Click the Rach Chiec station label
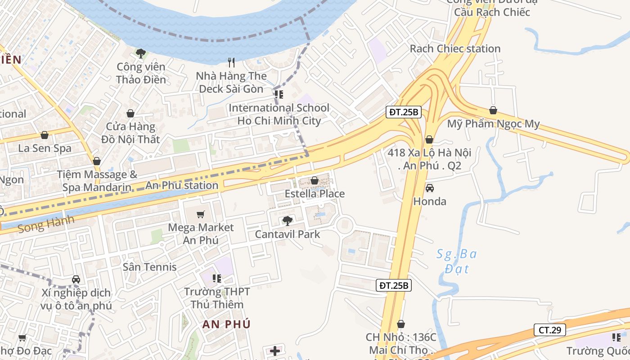click(x=455, y=49)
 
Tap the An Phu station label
click(x=181, y=185)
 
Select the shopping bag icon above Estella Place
click(x=315, y=180)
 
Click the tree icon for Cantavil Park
click(x=287, y=220)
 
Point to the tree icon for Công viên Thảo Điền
click(x=141, y=54)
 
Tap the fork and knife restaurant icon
click(x=232, y=62)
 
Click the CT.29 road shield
click(x=549, y=330)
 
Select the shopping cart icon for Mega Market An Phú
click(x=201, y=214)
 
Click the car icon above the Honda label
click(x=430, y=188)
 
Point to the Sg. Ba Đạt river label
click(x=457, y=261)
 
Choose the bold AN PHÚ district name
click(x=226, y=324)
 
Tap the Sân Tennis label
click(x=150, y=267)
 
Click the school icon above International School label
click(x=279, y=94)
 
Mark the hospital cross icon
click(x=275, y=351)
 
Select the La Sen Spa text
click(x=45, y=148)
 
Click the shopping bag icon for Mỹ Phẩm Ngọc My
click(x=493, y=110)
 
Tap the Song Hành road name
click(x=46, y=224)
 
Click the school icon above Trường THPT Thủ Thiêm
click(x=217, y=279)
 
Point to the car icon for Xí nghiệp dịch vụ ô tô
click(x=76, y=279)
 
